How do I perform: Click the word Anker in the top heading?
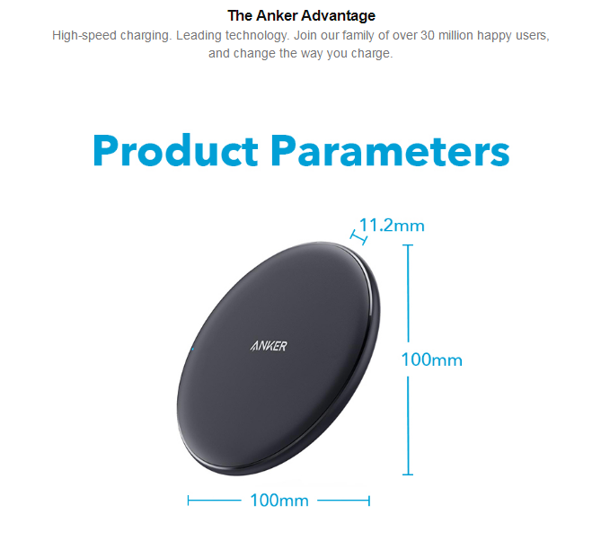pyautogui.click(x=277, y=15)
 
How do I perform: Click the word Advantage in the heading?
pyautogui.click(x=338, y=15)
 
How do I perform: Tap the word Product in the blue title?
pyautogui.click(x=175, y=150)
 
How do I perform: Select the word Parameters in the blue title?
pyautogui.click(x=391, y=150)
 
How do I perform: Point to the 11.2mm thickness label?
pyautogui.click(x=392, y=225)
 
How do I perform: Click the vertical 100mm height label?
pyautogui.click(x=431, y=359)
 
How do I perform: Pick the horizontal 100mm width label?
pyautogui.click(x=279, y=501)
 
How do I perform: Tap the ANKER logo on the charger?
pyautogui.click(x=269, y=346)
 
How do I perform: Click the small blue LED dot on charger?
pyautogui.click(x=192, y=349)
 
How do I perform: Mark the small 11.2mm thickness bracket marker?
pyautogui.click(x=358, y=238)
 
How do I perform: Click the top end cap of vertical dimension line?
pyautogui.click(x=408, y=244)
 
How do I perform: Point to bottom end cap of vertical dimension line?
pyautogui.click(x=408, y=474)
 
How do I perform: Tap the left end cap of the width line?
pyautogui.click(x=188, y=501)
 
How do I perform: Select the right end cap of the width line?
pyautogui.click(x=368, y=501)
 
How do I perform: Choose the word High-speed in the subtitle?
pyautogui.click(x=84, y=36)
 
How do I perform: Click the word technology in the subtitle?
pyautogui.click(x=256, y=36)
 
